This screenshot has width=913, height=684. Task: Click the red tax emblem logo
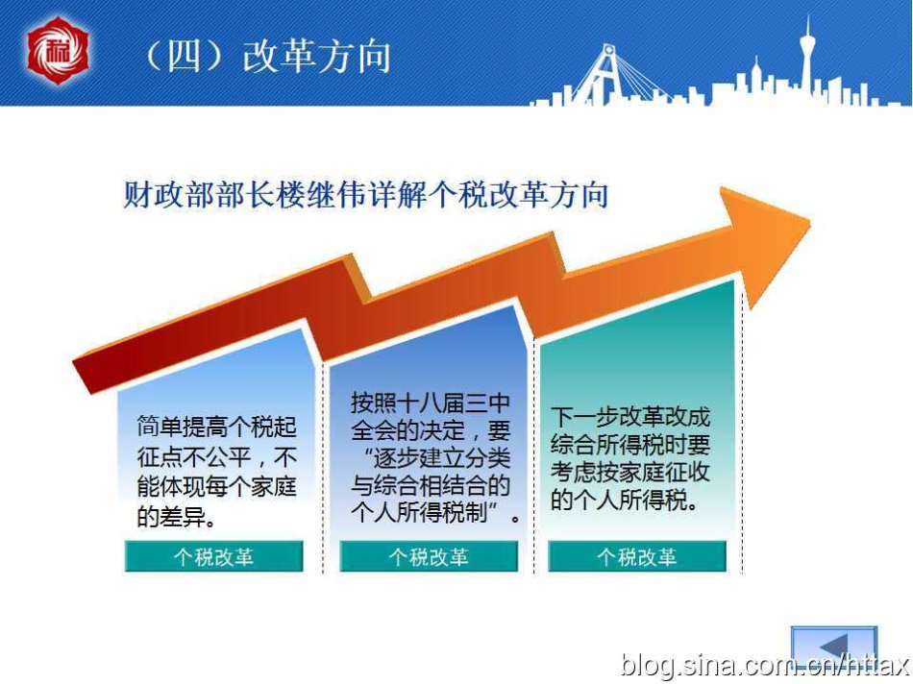tap(58, 51)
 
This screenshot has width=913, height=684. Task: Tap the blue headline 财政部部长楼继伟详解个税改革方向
tap(365, 194)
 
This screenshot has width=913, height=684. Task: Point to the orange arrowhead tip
tap(810, 221)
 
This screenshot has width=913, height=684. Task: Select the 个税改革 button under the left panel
tap(213, 556)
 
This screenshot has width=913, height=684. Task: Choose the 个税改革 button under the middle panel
tap(429, 556)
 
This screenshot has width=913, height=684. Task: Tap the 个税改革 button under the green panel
tap(637, 556)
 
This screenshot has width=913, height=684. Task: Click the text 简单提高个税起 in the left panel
tap(216, 427)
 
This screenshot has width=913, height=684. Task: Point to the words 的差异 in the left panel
tap(172, 516)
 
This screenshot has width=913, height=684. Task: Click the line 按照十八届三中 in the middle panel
tap(431, 403)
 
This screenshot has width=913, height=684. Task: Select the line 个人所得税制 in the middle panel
tap(419, 512)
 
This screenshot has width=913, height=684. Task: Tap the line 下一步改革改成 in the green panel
tap(630, 417)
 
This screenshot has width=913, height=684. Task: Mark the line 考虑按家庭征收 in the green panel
tap(630, 472)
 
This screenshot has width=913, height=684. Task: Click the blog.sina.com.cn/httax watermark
tap(765, 665)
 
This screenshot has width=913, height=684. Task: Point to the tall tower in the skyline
tap(807, 59)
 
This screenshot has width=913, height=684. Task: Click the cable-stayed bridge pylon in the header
tap(605, 73)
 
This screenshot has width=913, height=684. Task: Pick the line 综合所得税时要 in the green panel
tap(630, 444)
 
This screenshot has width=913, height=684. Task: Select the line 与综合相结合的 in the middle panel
tap(431, 485)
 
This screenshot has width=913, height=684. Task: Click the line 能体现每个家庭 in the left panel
tap(216, 486)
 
